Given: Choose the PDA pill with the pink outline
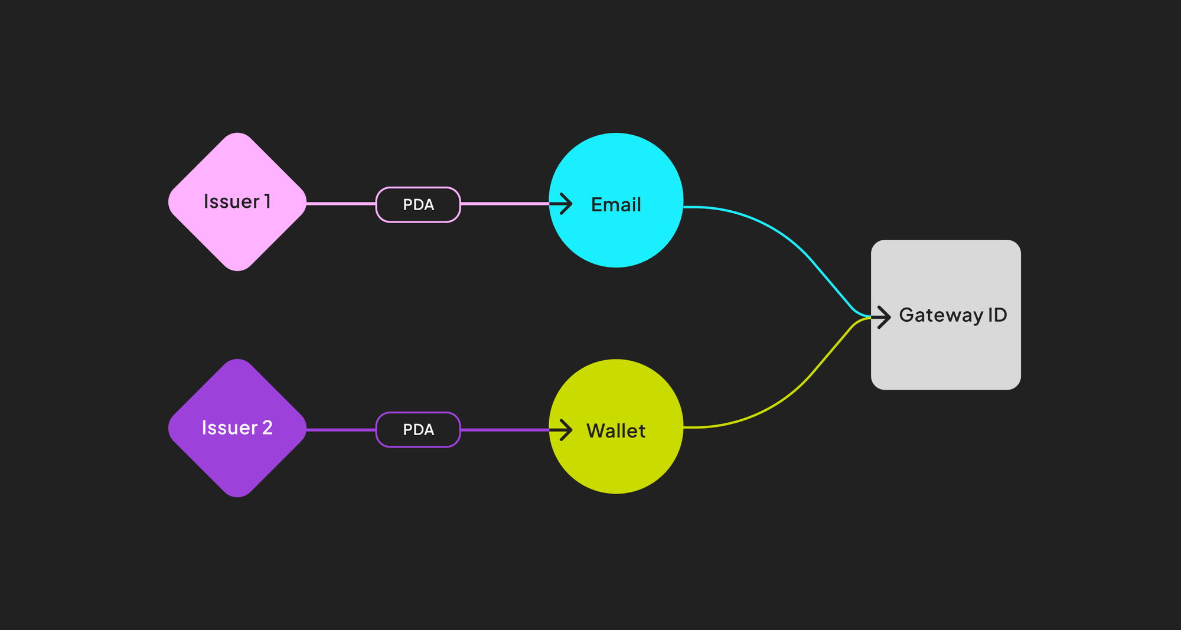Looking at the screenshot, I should coord(418,204).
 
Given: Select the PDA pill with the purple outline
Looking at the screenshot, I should coord(418,429).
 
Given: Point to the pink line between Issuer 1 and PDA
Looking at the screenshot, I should coord(341,204).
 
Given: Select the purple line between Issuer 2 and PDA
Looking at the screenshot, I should coord(341,430).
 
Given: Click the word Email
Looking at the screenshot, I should coord(616,205).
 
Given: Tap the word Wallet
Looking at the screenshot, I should coord(616,431).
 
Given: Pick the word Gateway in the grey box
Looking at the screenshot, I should coord(941,315).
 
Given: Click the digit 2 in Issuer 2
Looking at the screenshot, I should coord(267,427).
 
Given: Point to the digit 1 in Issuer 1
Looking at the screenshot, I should coord(267,201).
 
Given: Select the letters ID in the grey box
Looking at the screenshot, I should coord(997,315).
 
